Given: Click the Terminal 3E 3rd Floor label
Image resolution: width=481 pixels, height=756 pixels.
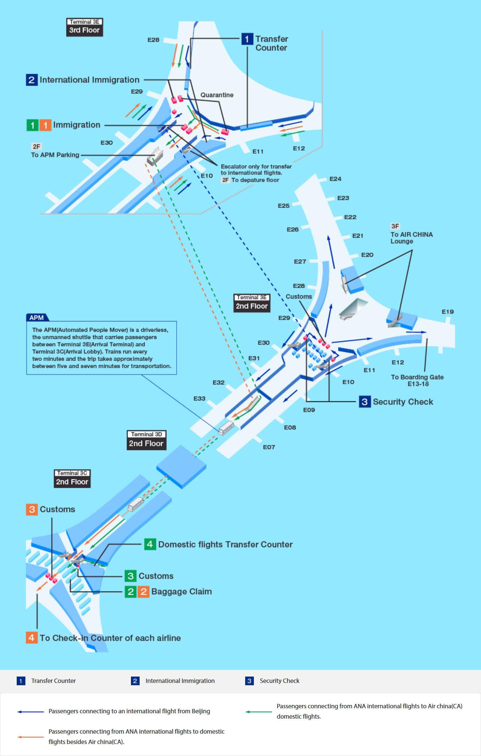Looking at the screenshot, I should (x=85, y=27).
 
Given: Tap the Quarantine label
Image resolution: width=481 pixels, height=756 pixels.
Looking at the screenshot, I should (x=217, y=95).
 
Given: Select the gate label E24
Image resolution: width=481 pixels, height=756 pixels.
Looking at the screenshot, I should (x=335, y=179).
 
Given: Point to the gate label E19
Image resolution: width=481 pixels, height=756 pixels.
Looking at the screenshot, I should (x=448, y=311).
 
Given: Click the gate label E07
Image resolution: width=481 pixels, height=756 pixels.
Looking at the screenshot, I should (x=269, y=447).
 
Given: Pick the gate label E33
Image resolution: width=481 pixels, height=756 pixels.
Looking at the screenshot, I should (x=199, y=398).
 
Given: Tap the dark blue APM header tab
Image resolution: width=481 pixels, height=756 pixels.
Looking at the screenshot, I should (x=37, y=317).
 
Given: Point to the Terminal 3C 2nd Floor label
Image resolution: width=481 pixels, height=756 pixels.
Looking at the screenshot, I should (x=72, y=478).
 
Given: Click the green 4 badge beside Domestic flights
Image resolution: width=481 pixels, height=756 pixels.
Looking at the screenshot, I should (x=150, y=544).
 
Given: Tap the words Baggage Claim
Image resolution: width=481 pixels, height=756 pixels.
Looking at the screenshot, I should (x=181, y=591).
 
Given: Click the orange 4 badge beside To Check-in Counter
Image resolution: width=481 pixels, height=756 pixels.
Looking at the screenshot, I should (x=32, y=638).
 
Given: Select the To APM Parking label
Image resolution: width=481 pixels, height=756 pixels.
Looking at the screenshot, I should (x=55, y=155).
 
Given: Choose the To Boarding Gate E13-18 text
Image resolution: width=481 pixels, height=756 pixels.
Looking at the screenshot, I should (x=418, y=380).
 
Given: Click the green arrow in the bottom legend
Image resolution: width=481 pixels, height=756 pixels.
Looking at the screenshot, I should (x=259, y=712).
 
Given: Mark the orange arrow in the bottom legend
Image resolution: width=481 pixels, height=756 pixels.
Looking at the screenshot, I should (x=30, y=737).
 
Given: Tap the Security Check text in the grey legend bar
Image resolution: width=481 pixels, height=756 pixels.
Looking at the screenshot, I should (x=279, y=681).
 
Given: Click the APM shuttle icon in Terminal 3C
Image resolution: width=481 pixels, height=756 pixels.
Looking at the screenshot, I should (x=135, y=504).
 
